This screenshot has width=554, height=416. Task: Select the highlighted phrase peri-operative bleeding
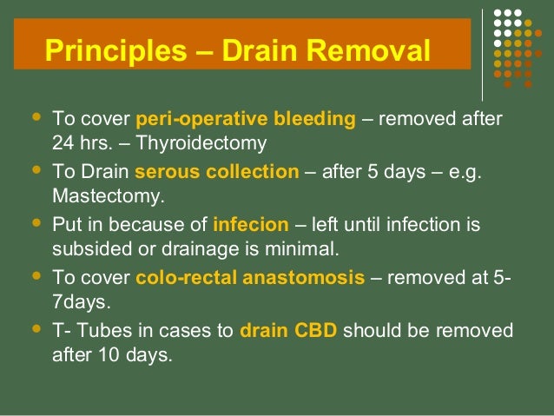tap(246, 119)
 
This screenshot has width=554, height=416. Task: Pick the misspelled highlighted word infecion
tap(250, 225)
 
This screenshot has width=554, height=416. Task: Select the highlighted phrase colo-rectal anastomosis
tap(250, 278)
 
